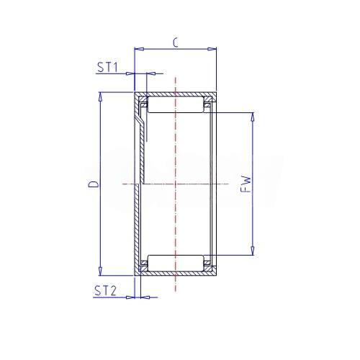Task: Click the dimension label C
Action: (x=176, y=42)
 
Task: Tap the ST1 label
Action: (x=107, y=67)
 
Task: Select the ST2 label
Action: (x=105, y=290)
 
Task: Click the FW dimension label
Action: (x=246, y=184)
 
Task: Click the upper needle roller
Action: (x=176, y=104)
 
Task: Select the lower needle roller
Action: (x=176, y=263)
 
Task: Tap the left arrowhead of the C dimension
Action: (x=140, y=49)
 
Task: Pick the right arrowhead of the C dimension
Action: (x=212, y=49)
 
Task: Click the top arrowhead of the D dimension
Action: (x=101, y=97)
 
